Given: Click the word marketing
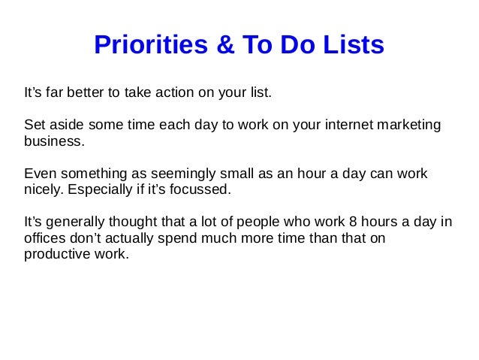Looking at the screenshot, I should point(402,124).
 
